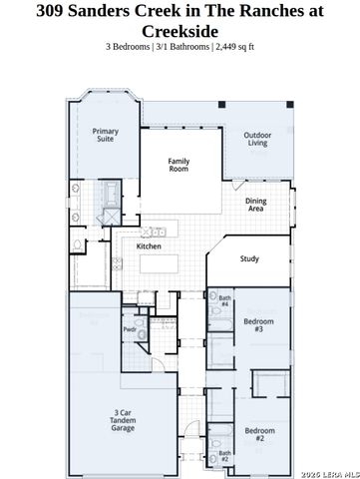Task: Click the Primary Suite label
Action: [105, 136]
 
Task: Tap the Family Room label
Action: [179, 165]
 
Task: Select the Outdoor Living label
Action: [262, 139]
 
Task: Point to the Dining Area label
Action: [256, 205]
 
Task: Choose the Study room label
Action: [249, 259]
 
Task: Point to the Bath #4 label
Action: [224, 300]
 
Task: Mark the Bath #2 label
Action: [224, 456]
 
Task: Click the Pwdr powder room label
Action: [130, 329]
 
